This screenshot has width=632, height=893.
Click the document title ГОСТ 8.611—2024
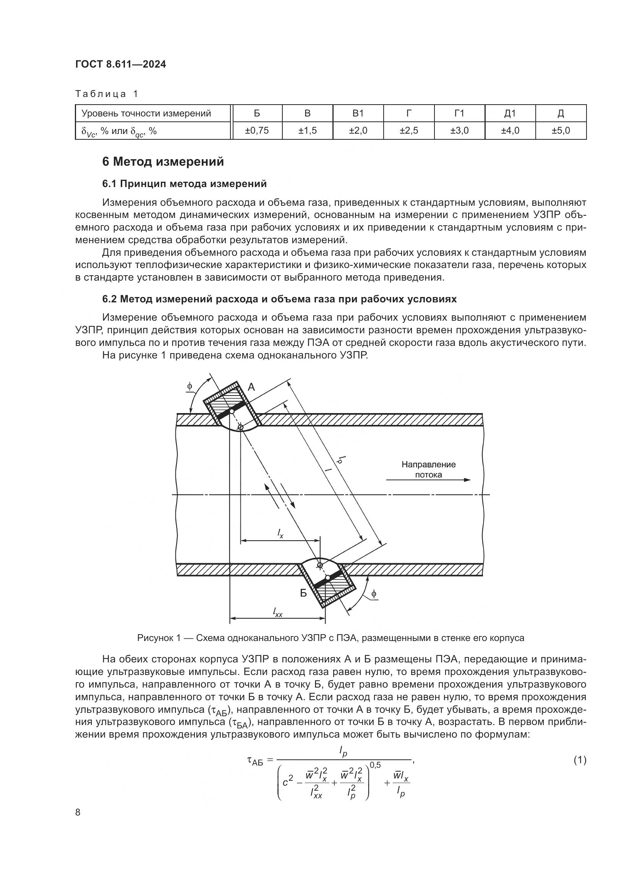coord(121,64)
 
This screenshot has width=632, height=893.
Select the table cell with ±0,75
coord(257,131)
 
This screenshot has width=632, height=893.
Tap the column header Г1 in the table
coord(459,113)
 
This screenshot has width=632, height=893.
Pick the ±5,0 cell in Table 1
coord(561,131)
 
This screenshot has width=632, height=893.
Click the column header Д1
coord(510,113)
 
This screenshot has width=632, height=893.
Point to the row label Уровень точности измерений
coord(146,113)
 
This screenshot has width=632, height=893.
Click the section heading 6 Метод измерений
coord(163,161)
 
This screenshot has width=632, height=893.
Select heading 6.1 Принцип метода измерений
coord(185,184)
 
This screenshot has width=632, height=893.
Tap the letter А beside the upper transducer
coord(251,387)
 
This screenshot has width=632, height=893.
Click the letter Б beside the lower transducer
coord(303,593)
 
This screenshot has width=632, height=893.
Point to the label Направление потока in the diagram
coord(428,470)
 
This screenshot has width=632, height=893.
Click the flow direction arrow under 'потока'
coord(428,480)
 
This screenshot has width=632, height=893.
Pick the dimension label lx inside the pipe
coord(280,535)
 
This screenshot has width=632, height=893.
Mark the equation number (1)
coord(580,760)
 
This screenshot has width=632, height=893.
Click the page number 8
coord(78,812)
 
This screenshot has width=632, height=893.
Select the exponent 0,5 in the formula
coord(375,766)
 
